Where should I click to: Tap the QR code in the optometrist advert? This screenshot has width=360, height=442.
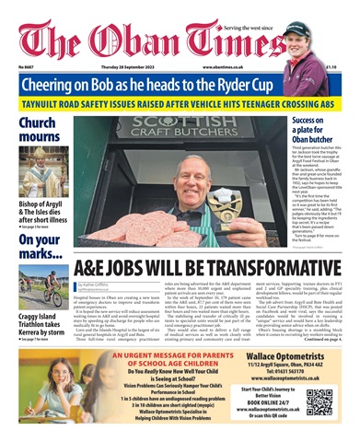pyautogui.click(x=319, y=403)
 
